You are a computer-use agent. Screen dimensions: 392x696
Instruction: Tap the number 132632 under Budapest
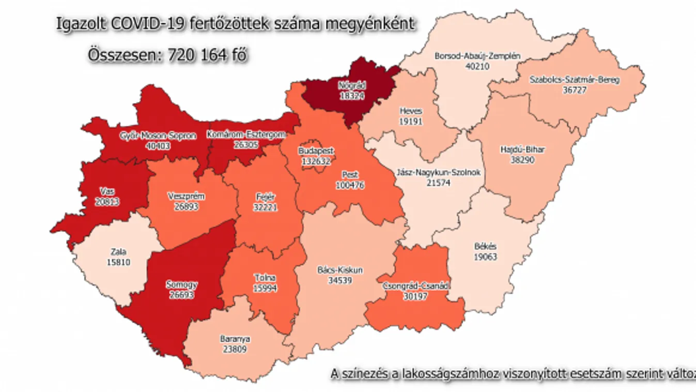pyautogui.click(x=316, y=160)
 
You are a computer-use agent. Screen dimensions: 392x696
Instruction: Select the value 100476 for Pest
pyautogui.click(x=350, y=185)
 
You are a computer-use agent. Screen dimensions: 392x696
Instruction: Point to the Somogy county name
pyautogui.click(x=182, y=284)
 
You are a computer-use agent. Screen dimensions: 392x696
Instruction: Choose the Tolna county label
pyautogui.click(x=266, y=278)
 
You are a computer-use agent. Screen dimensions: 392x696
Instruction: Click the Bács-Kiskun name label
pyautogui.click(x=339, y=270)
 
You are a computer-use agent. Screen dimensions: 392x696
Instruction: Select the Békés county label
pyautogui.click(x=485, y=247)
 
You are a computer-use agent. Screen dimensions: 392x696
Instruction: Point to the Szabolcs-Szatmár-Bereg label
pyautogui.click(x=575, y=80)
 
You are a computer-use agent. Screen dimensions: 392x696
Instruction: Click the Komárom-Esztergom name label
pyautogui.click(x=246, y=135)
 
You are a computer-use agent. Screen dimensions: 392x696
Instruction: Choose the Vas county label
pyautogui.click(x=108, y=191)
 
